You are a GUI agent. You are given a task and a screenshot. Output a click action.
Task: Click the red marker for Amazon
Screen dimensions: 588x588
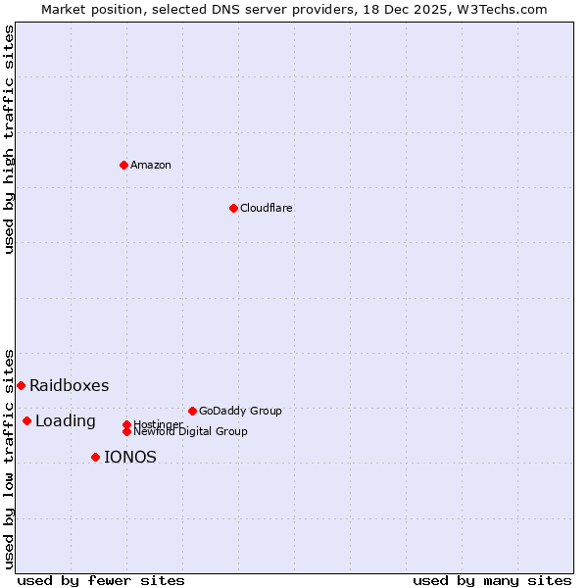[123, 165]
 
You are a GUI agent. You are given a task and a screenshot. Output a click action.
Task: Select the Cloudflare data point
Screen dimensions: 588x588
[233, 208]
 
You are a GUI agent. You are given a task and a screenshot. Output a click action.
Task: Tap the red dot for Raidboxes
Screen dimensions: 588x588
[21, 385]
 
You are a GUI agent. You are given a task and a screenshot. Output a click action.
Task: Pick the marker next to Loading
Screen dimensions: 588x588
[26, 420]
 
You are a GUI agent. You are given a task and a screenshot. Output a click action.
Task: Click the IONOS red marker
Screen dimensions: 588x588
[95, 457]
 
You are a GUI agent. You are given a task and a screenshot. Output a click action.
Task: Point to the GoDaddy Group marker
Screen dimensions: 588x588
[192, 411]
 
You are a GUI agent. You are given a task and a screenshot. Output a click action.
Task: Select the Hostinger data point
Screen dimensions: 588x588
[126, 424]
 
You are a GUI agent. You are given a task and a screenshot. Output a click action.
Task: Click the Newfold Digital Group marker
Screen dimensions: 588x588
[126, 431]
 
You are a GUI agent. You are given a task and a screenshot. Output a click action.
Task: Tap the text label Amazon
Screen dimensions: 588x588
[151, 165]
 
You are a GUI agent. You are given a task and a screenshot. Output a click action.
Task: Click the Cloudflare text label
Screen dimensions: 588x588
[266, 208]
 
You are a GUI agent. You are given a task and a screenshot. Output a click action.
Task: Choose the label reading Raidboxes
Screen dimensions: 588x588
[69, 385]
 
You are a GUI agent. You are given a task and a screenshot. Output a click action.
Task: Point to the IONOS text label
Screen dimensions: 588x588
[130, 457]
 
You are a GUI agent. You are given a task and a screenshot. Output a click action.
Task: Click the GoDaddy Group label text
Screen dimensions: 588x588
[240, 411]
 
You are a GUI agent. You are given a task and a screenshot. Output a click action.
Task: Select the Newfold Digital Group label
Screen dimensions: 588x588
[190, 431]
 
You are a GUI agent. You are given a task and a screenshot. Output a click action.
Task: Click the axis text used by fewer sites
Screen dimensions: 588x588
[101, 580]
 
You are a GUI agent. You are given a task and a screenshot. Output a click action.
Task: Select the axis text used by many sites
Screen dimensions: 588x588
[492, 580]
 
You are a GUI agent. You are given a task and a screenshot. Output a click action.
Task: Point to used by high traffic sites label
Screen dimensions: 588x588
[9, 139]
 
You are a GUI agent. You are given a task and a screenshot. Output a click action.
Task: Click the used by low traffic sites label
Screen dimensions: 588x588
[9, 459]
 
